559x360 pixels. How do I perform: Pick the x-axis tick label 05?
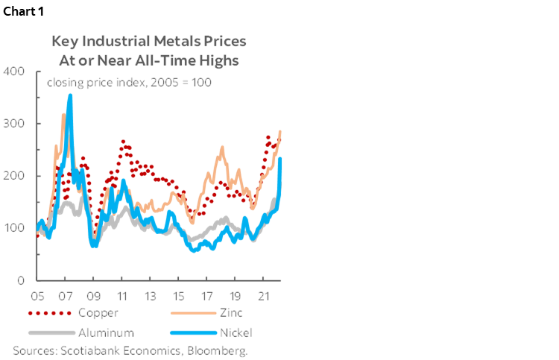[39, 294]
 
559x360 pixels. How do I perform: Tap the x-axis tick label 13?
[151, 294]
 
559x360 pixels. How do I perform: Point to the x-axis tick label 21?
[263, 294]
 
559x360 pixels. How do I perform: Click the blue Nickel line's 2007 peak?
[70, 95]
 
